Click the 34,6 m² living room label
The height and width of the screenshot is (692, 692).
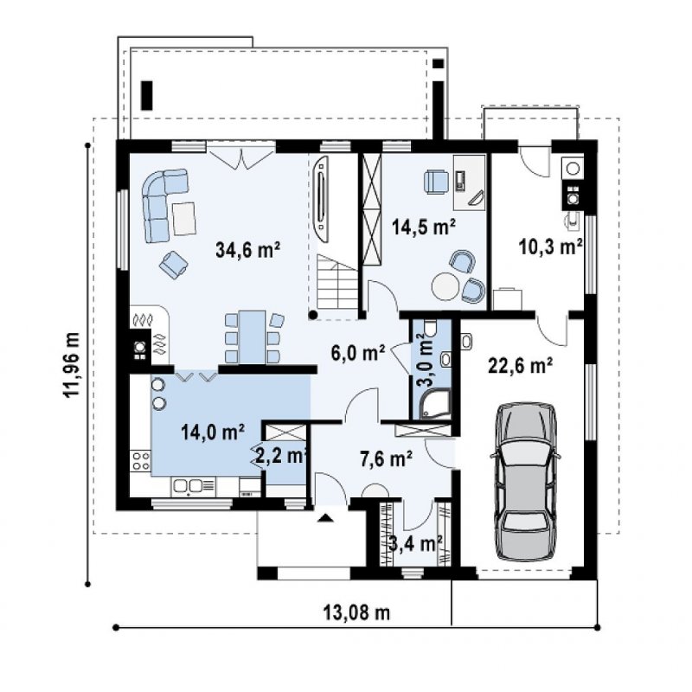[x=247, y=250]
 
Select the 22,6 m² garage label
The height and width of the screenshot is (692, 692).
[x=521, y=365]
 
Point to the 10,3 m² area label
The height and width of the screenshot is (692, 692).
[x=550, y=247]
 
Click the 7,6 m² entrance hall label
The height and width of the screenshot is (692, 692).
[x=386, y=459]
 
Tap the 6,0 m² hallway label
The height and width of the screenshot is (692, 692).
[x=358, y=353]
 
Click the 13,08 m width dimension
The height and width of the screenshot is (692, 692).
[x=356, y=612]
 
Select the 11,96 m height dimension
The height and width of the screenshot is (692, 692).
[x=72, y=364]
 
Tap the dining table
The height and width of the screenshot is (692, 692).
[x=252, y=336]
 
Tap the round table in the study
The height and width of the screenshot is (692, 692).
[x=445, y=287]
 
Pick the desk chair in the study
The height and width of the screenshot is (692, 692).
[x=437, y=182]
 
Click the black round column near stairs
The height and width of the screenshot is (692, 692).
[x=312, y=315]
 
